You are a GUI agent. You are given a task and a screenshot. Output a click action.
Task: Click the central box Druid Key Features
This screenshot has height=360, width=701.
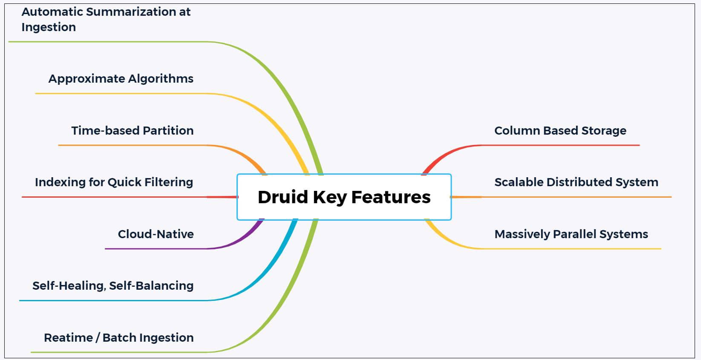344,197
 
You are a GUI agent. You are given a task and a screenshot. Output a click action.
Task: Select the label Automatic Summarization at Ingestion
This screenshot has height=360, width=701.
106,19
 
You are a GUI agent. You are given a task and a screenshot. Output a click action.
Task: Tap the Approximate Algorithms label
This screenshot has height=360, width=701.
121,79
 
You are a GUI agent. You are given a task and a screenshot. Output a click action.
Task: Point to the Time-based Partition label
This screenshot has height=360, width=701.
132,130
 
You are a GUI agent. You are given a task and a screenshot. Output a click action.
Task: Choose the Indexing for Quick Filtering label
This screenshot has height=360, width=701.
114,182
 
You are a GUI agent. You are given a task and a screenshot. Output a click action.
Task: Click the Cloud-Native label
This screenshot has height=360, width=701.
156,234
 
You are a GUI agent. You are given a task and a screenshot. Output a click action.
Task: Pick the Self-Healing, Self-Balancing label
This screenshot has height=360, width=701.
113,285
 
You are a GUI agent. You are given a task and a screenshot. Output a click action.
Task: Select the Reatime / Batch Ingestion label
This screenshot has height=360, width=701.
118,337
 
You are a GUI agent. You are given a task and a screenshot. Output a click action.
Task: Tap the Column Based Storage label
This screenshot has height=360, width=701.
560,130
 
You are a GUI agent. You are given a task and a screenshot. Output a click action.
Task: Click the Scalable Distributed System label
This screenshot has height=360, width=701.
576,182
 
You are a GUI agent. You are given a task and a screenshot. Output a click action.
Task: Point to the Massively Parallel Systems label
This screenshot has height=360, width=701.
571,234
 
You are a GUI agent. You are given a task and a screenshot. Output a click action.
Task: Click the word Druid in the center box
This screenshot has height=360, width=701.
282,197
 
